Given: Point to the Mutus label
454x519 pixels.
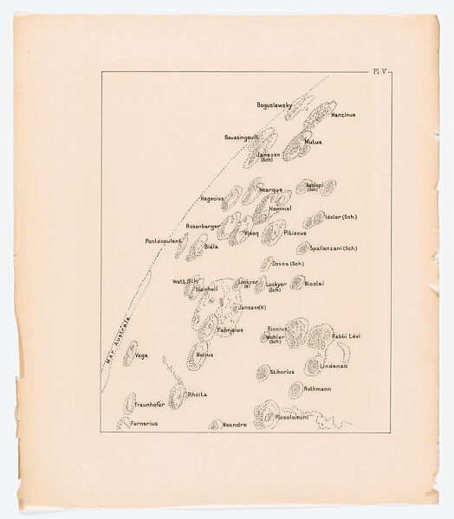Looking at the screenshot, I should tap(313, 142).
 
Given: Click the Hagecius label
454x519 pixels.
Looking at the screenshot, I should tap(213, 198).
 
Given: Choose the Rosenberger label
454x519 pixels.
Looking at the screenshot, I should tap(206, 226).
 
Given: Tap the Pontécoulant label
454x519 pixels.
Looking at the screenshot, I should tap(164, 240).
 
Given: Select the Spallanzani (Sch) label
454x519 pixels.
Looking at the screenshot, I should tap(327, 248).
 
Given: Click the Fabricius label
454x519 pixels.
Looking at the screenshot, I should tap(230, 330).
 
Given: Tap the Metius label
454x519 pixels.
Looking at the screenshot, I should tap(204, 355).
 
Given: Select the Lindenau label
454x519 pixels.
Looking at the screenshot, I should tap(334, 367).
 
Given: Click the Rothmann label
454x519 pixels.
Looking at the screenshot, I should tap(318, 389).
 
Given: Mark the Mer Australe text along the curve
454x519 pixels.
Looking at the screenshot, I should tap(115, 343).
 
